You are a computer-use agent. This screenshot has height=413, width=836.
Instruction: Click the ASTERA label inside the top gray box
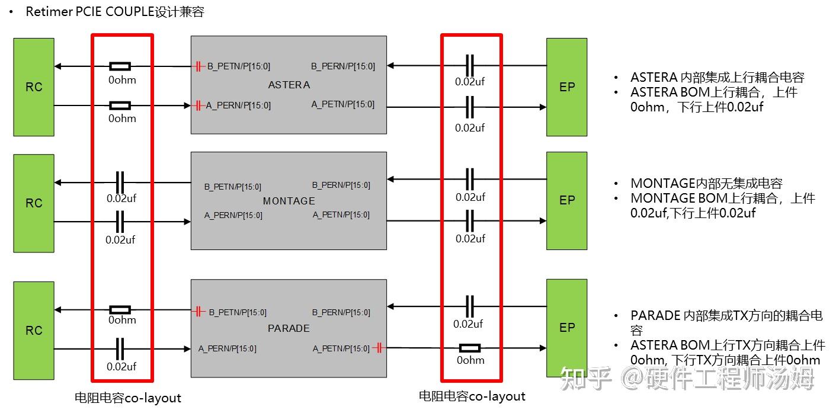(289, 85)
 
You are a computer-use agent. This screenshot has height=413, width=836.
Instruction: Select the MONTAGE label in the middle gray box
(289, 201)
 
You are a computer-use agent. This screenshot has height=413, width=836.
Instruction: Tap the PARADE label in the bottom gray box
(289, 328)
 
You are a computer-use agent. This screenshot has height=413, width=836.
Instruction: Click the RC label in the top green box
(34, 87)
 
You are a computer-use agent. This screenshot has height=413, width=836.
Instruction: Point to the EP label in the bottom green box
(567, 328)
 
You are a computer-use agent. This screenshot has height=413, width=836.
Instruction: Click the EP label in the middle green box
(567, 200)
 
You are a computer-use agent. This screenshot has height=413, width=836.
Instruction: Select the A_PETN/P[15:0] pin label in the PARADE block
(341, 348)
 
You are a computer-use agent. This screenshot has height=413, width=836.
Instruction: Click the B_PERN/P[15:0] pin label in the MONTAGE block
(341, 185)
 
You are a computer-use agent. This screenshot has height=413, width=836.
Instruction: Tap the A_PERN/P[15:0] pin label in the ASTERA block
(238, 105)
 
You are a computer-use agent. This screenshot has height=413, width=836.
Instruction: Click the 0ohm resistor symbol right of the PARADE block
(470, 348)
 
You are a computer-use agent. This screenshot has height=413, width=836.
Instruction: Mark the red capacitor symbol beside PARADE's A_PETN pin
(378, 348)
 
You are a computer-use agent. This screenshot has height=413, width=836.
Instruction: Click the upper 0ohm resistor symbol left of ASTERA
(120, 66)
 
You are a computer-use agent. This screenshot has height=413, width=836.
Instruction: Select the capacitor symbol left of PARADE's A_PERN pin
(120, 348)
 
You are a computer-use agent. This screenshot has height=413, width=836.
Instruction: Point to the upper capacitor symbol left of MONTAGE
(120, 180)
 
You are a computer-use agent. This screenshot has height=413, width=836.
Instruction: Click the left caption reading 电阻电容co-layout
(128, 398)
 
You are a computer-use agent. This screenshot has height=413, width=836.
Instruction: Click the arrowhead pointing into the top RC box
(58, 66)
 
